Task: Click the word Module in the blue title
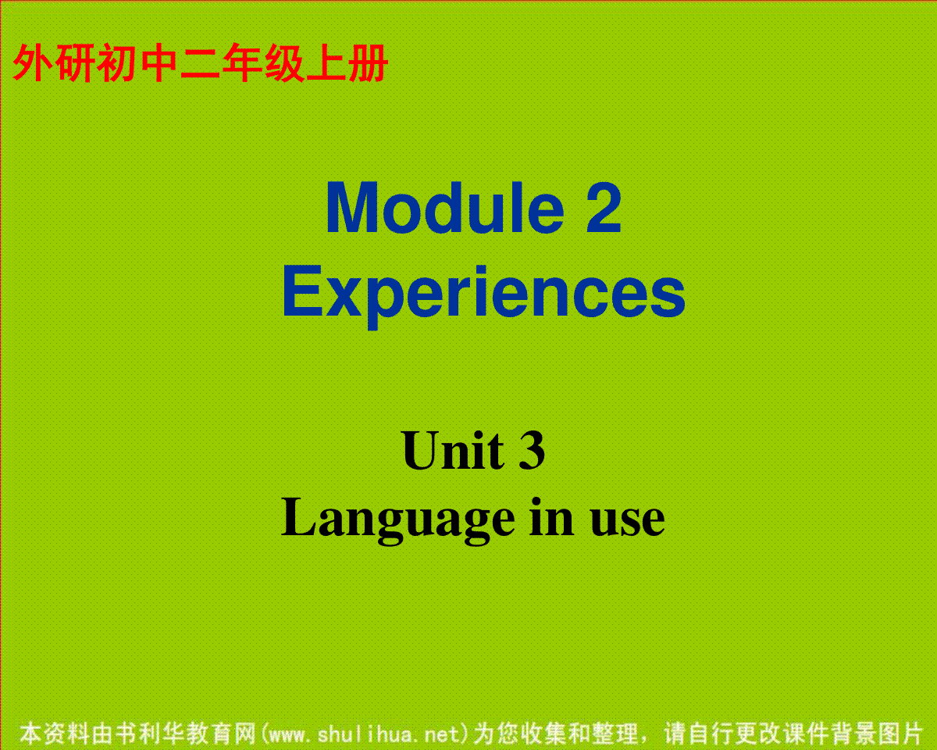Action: (x=445, y=208)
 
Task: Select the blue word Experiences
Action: (x=484, y=295)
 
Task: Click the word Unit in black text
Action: (x=454, y=450)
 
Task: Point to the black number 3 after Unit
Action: (x=532, y=450)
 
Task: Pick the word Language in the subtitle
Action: (x=398, y=520)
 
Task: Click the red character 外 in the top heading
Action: (x=33, y=62)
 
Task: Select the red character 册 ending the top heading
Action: (x=367, y=62)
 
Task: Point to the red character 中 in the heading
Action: (x=159, y=62)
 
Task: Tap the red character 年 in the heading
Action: (x=242, y=62)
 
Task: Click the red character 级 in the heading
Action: (x=284, y=62)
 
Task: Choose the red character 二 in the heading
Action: (x=201, y=62)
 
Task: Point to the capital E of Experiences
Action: (x=303, y=291)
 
